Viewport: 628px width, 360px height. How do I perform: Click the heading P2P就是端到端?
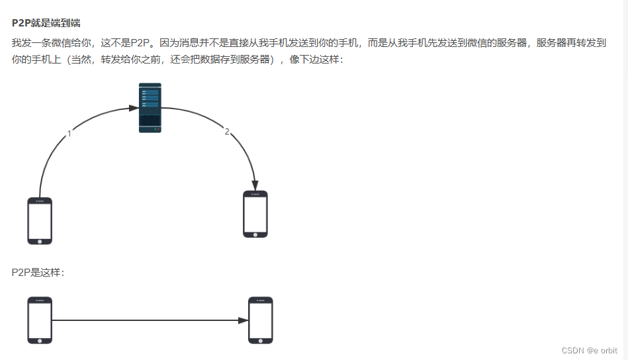click(x=46, y=23)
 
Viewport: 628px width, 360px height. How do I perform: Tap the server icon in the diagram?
click(x=150, y=108)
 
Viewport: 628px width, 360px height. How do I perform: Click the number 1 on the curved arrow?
click(x=69, y=133)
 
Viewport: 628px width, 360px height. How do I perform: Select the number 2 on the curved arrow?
click(x=226, y=132)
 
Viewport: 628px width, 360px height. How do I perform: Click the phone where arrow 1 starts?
click(x=40, y=220)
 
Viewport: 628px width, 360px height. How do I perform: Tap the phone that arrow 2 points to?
click(x=255, y=214)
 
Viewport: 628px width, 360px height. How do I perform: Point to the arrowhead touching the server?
click(x=134, y=107)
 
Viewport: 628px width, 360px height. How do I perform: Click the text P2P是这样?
click(x=38, y=272)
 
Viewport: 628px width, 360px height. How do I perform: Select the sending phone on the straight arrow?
click(x=40, y=320)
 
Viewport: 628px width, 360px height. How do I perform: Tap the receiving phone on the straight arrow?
click(x=260, y=320)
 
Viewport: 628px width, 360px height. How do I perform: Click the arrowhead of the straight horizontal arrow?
click(x=244, y=320)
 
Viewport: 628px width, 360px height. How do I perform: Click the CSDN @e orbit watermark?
click(x=589, y=350)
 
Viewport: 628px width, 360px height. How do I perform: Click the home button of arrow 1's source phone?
click(x=40, y=240)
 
